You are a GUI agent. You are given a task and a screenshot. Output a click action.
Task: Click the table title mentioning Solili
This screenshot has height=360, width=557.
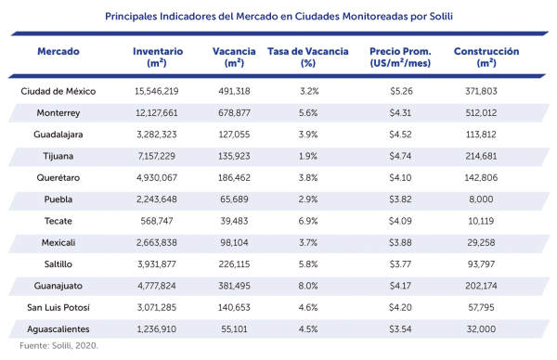278,16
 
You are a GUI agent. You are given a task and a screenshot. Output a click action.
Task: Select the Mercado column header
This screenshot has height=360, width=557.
58,52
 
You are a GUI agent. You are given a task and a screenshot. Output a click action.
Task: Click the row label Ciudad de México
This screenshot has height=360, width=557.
58,91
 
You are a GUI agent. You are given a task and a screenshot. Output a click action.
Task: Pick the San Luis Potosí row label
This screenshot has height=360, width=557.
58,306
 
